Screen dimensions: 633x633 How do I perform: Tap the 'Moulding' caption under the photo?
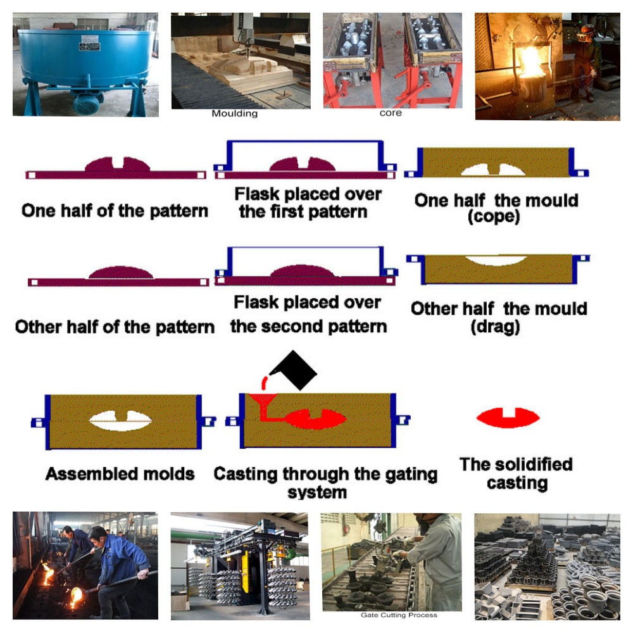234,114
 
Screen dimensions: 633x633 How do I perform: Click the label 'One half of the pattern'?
115,211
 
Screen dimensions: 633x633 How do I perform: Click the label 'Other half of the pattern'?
115,327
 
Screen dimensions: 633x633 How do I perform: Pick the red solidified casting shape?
508,417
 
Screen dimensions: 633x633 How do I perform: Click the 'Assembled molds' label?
120,473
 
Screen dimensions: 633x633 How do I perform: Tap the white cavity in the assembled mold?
120,419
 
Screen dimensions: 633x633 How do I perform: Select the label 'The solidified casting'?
516,473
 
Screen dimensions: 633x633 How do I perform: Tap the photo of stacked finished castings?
548,567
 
